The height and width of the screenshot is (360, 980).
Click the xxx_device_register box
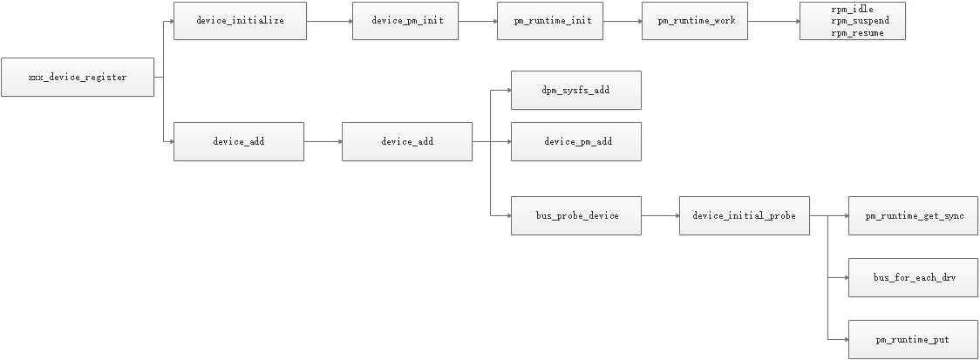pyautogui.click(x=78, y=77)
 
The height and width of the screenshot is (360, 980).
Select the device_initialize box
pyautogui.click(x=240, y=21)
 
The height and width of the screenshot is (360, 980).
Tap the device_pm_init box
pyautogui.click(x=405, y=21)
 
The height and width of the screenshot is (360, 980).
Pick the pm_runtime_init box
pyautogui.click(x=550, y=21)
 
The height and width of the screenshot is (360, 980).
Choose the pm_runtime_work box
pyautogui.click(x=695, y=21)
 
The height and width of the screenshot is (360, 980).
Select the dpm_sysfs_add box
pyautogui.click(x=575, y=90)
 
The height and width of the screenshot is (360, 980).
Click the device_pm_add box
pyautogui.click(x=575, y=141)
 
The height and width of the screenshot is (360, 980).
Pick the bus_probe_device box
pyautogui.click(x=575, y=215)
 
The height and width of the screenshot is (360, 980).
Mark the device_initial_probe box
pyautogui.click(x=744, y=215)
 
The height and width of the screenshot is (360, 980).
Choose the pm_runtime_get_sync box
pyautogui.click(x=913, y=215)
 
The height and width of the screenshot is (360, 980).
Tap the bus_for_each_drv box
pyautogui.click(x=913, y=277)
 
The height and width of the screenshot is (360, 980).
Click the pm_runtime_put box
pyautogui.click(x=913, y=339)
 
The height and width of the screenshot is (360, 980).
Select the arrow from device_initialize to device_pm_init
pyautogui.click(x=330, y=21)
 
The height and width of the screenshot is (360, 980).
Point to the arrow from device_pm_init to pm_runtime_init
pyautogui.click(x=477, y=21)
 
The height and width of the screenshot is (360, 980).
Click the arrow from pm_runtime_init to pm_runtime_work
pyautogui.click(x=623, y=21)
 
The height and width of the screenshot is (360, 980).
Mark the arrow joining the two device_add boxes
pyautogui.click(x=323, y=141)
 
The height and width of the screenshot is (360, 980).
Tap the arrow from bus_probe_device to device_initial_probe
pyautogui.click(x=660, y=215)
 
